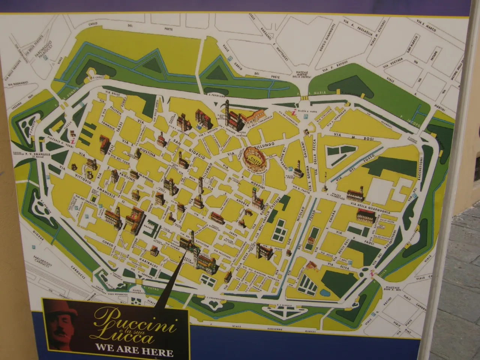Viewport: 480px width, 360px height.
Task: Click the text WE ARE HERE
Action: tap(134, 352)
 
